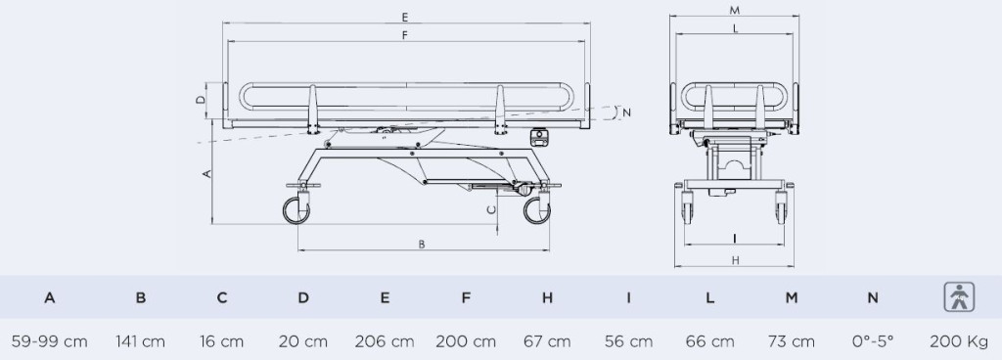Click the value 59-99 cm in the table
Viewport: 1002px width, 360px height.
pyautogui.click(x=49, y=341)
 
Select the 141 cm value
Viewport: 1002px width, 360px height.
pyautogui.click(x=141, y=341)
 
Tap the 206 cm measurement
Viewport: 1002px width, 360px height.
pyautogui.click(x=385, y=341)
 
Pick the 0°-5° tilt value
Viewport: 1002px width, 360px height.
pyautogui.click(x=872, y=341)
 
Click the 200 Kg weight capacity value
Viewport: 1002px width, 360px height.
pyautogui.click(x=959, y=341)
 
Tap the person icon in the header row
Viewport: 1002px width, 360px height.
pyautogui.click(x=959, y=297)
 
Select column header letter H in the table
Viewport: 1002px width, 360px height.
pyautogui.click(x=547, y=297)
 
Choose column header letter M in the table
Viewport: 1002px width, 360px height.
pyautogui.click(x=791, y=297)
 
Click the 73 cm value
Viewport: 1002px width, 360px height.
pyautogui.click(x=791, y=341)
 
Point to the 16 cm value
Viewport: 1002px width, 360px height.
pyautogui.click(x=222, y=341)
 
